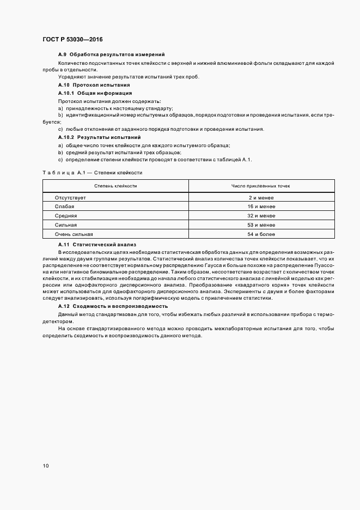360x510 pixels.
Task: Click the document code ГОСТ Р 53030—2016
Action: pos(72,40)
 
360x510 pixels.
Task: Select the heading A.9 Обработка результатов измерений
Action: pos(111,55)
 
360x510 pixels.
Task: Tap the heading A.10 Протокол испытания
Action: pos(94,86)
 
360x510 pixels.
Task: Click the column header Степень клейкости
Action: pos(115,186)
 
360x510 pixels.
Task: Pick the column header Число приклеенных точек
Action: pos(261,186)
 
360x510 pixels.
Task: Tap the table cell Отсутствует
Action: pos(71,197)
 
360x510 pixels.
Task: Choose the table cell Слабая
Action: pos(64,207)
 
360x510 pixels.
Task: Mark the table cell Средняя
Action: pos(65,216)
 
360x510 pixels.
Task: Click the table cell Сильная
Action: pos(66,225)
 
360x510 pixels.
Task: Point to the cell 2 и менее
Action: pos(261,197)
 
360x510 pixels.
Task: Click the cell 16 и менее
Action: pos(261,207)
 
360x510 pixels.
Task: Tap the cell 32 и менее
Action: pos(261,216)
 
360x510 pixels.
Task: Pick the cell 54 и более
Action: pos(261,234)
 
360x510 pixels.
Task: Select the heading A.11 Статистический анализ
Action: pos(97,245)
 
